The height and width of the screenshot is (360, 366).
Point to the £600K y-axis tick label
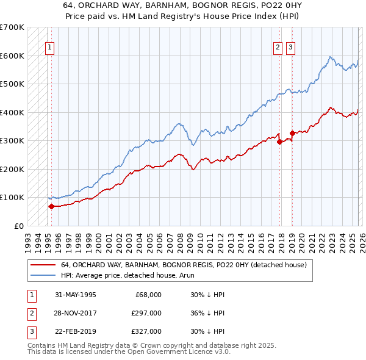click(12, 56)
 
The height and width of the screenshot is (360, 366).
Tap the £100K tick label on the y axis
click(12, 198)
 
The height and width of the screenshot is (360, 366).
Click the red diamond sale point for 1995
click(51, 206)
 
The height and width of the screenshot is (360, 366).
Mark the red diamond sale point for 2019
click(292, 132)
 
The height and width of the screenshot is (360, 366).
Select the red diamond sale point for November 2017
click(280, 141)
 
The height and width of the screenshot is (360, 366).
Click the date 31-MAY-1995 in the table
click(75, 295)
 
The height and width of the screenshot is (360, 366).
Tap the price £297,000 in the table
click(146, 313)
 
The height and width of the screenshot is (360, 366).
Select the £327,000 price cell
click(146, 331)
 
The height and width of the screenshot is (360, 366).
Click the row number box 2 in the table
click(30, 313)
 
